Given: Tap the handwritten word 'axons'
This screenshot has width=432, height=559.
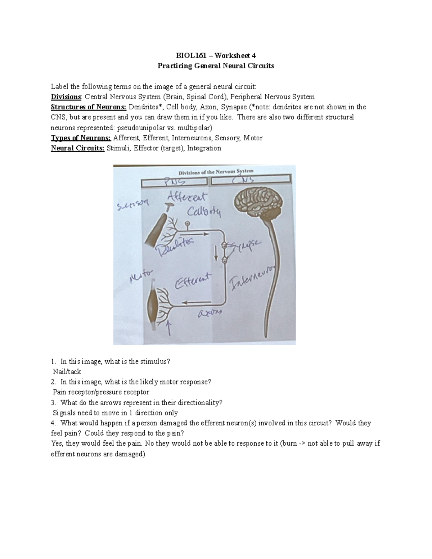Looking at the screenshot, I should pos(210,314).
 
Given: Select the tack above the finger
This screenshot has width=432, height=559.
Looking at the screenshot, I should pos(168,207).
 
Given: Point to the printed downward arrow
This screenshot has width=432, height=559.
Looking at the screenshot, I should pos(216,253).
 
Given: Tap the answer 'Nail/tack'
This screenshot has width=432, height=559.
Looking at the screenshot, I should pos(67,372).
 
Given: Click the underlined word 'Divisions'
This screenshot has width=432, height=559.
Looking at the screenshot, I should pos(66,97).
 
